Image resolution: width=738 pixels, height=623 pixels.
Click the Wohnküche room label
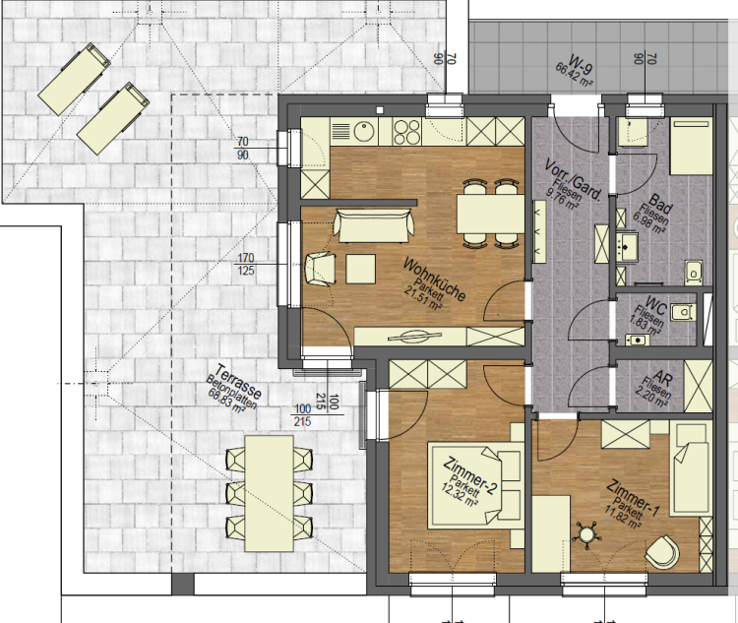(434, 280)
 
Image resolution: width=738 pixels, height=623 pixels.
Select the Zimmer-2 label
(469, 476)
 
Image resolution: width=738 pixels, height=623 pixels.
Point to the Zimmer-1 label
(633, 498)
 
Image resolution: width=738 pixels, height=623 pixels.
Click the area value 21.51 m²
(422, 297)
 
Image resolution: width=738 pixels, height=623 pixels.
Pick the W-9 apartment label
(580, 65)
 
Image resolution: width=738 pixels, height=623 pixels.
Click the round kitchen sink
(364, 131)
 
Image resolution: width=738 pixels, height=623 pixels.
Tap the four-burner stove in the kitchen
(407, 131)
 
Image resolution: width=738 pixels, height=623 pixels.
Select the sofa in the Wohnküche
(374, 226)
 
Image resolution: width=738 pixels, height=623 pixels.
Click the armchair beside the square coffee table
(321, 269)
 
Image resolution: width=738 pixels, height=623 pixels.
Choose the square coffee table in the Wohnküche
(360, 269)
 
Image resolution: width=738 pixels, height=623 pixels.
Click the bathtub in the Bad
(691, 147)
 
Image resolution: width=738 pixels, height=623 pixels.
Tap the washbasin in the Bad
(627, 246)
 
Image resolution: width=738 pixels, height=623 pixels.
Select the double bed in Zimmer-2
(476, 485)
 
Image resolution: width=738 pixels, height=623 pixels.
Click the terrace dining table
(270, 493)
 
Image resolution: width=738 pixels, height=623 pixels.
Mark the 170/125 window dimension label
(246, 264)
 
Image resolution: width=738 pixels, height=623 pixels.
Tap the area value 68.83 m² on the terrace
(226, 402)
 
